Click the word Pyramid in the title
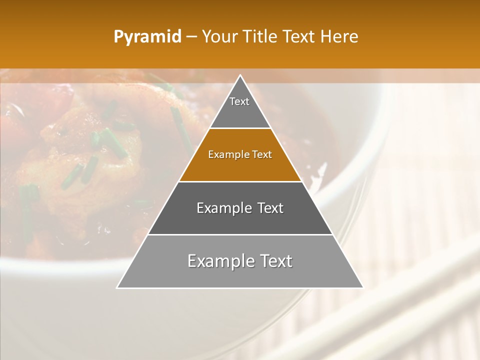(147, 37)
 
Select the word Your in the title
(218, 37)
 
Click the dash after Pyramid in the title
(191, 37)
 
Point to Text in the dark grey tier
(270, 208)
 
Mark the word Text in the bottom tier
(275, 261)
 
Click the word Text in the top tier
(239, 101)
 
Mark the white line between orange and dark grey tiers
(240, 181)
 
